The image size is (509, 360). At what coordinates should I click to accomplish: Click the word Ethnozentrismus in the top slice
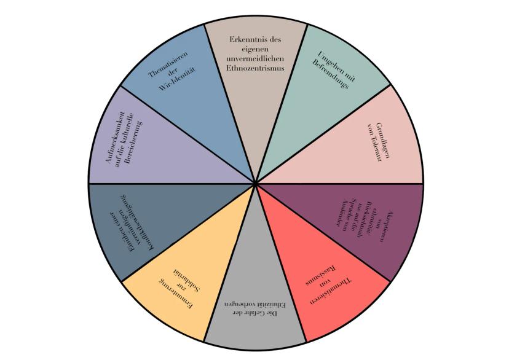(255, 69)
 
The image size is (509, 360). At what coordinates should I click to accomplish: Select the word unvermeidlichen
(255, 59)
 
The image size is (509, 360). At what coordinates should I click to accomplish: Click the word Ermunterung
(173, 294)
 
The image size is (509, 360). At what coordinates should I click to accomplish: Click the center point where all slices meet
(255, 183)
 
